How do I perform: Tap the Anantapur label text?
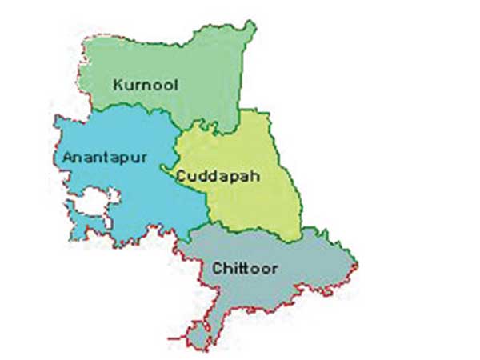coord(104,158)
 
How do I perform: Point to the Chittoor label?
coord(245,268)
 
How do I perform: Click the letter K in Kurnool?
coord(118,83)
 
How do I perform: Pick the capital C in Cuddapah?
coord(184,174)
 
